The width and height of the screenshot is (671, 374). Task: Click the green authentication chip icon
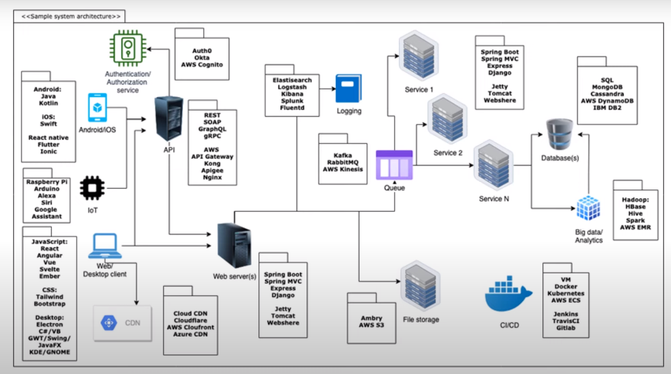(128, 48)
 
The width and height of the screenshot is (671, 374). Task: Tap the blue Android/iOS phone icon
(97, 108)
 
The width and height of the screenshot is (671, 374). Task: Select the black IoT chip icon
(92, 188)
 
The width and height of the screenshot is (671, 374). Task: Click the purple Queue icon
(394, 165)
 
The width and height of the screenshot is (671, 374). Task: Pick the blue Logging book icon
(349, 88)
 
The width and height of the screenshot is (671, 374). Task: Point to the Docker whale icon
(508, 295)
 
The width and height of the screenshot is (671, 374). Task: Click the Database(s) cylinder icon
(560, 134)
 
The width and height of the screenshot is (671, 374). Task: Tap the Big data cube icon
(588, 208)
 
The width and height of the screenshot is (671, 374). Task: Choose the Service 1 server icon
(418, 56)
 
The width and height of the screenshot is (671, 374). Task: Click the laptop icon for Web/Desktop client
(105, 246)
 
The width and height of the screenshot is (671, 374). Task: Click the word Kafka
(343, 155)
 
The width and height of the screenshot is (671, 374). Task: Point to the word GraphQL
(212, 129)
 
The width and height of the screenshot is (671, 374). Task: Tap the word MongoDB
(607, 87)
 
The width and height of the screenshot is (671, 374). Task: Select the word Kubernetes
(566, 293)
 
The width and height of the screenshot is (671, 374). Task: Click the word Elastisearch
(292, 80)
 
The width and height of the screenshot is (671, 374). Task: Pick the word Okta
(202, 57)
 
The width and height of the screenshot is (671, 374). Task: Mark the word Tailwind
(49, 297)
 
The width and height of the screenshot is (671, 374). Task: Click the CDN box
(122, 323)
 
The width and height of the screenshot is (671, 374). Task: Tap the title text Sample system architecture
(71, 16)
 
